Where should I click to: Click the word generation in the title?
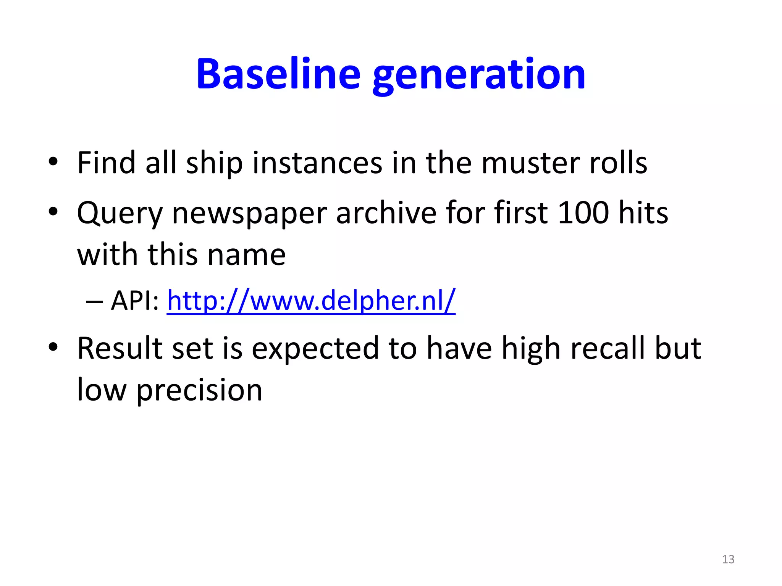[x=479, y=75]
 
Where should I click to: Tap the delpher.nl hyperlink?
[x=311, y=301]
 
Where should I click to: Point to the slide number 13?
[x=728, y=559]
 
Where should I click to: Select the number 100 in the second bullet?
[x=583, y=213]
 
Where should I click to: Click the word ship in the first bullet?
[x=214, y=163]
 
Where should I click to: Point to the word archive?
[x=386, y=213]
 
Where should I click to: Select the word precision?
[x=199, y=391]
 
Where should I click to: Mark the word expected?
[x=315, y=349]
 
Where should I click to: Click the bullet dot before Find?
[x=53, y=162]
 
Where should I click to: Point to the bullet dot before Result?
[x=53, y=347]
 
